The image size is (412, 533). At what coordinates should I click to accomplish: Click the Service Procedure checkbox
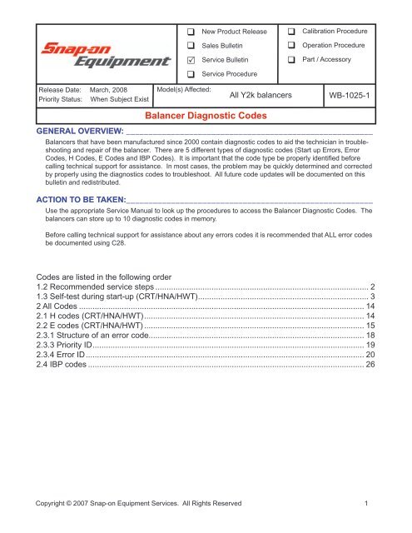coord(191,76)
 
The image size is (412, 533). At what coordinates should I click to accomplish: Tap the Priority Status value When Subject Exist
coord(119,100)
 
